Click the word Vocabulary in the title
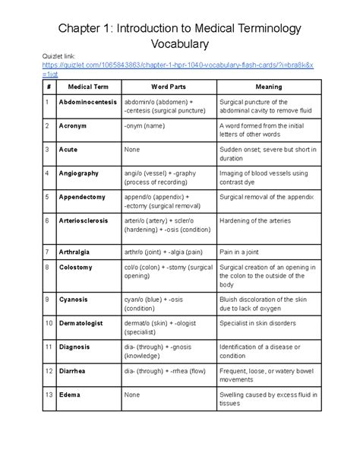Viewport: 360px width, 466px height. click(179, 46)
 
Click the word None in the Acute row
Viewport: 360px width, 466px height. click(132, 150)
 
